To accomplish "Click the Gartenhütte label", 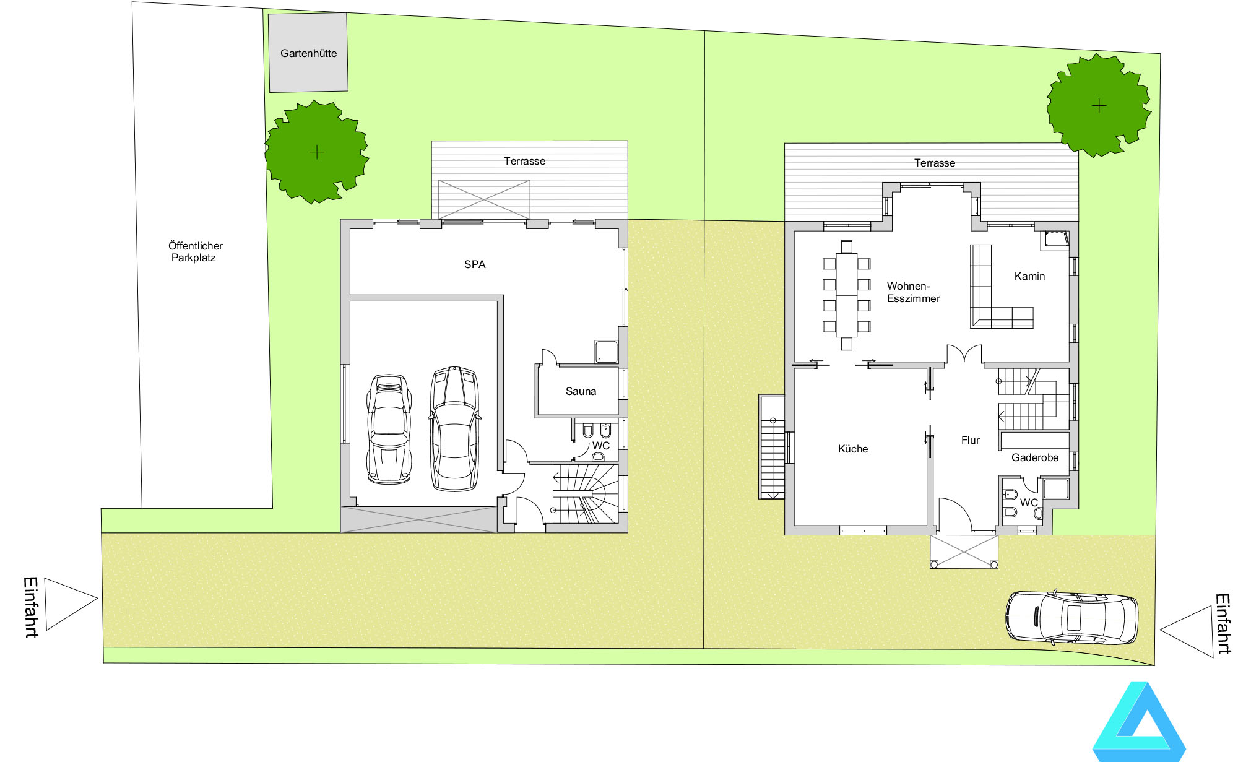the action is [x=308, y=53].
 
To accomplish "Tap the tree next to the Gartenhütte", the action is [x=316, y=152].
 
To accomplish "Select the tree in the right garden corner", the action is [x=1099, y=105].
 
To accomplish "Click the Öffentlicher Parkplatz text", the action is [x=195, y=251].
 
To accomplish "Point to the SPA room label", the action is [x=475, y=264].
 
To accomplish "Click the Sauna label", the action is [x=581, y=391].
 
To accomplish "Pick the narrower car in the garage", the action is [x=389, y=428].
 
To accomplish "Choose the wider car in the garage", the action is [x=455, y=428].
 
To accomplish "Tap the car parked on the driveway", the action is [x=1071, y=618].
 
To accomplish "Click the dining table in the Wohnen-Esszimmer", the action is [x=846, y=295].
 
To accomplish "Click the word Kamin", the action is [x=1029, y=276].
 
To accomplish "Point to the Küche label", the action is [x=853, y=449].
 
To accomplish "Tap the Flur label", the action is [x=971, y=440].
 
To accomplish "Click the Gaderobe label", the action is [x=1035, y=457].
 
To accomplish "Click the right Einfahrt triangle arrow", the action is [x=1186, y=631].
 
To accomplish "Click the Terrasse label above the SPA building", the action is [x=524, y=161].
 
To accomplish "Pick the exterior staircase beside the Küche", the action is [x=772, y=447].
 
